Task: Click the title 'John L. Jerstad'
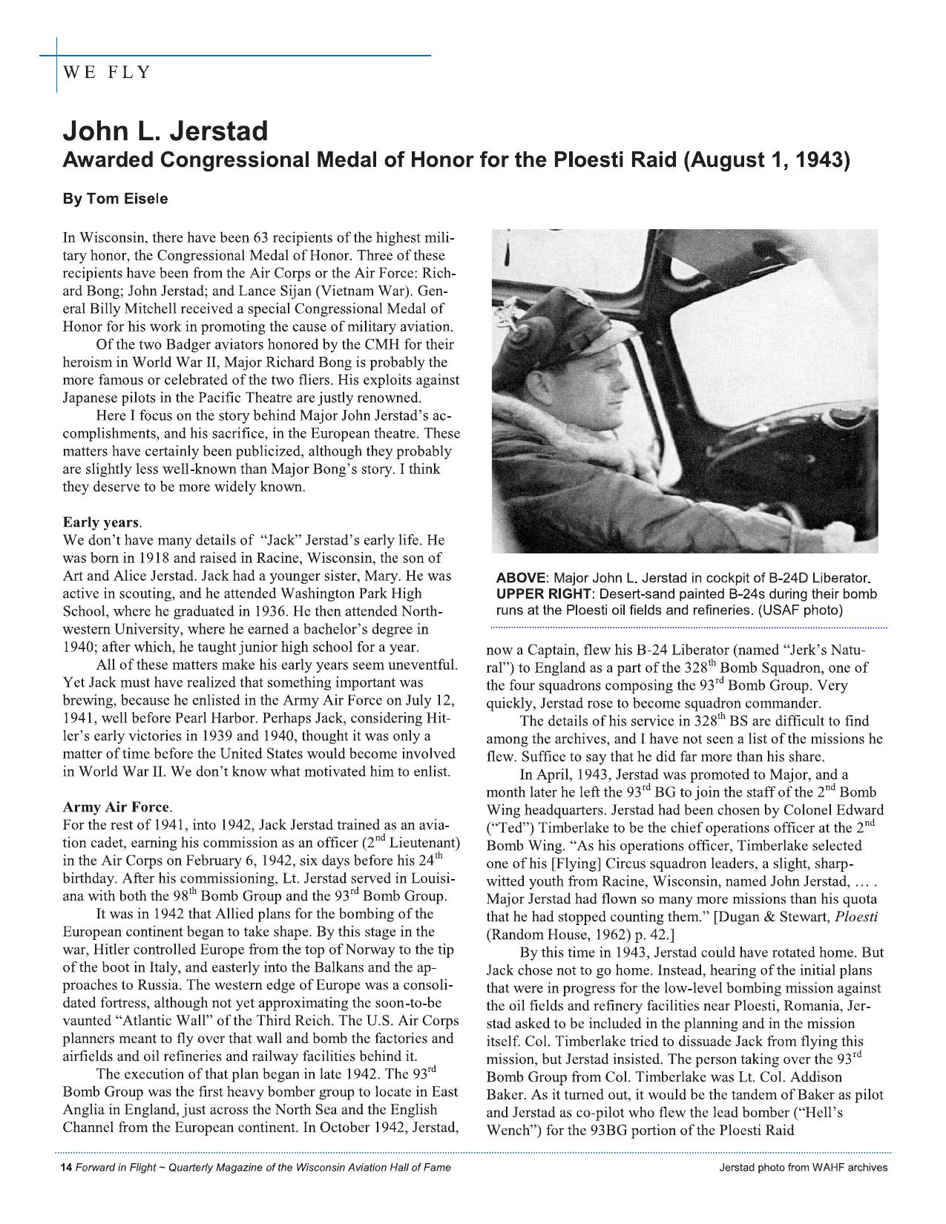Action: coord(165,131)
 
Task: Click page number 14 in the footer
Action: coord(65,1168)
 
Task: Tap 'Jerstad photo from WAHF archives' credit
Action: coord(803,1168)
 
